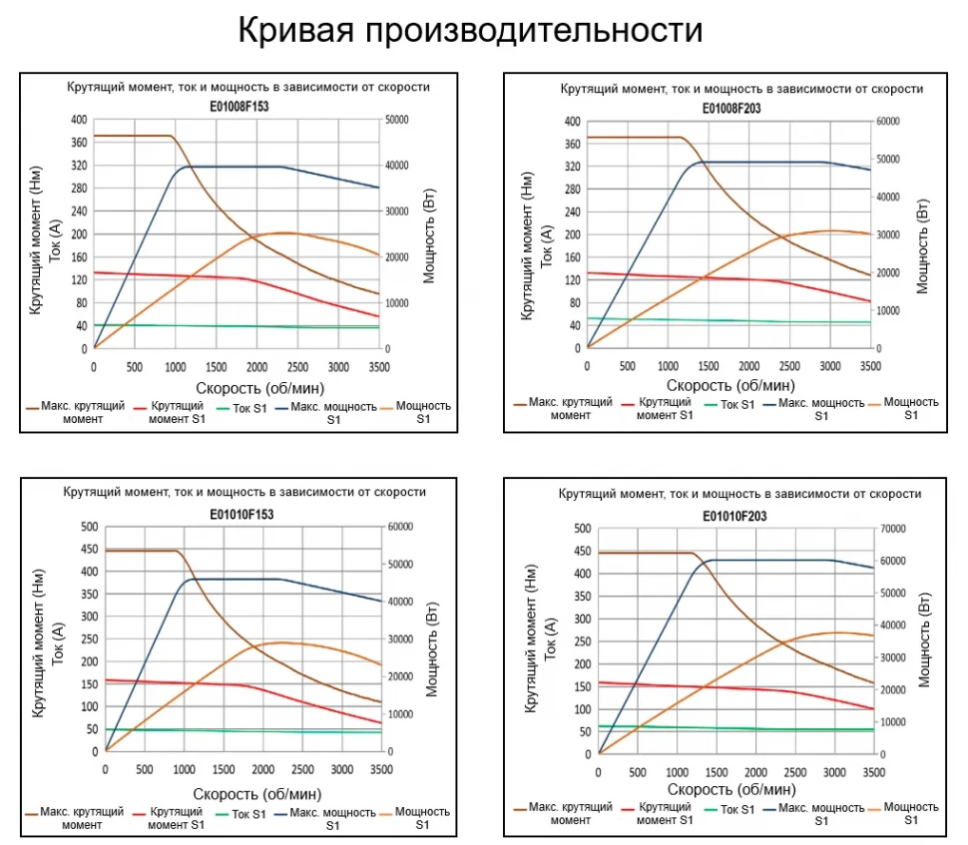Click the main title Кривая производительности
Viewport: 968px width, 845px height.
pos(469,30)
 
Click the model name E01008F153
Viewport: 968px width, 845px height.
pos(239,105)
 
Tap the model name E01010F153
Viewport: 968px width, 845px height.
pos(242,515)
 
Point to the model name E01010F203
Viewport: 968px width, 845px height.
pos(734,516)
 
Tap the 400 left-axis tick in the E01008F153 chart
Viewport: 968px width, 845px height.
pos(79,120)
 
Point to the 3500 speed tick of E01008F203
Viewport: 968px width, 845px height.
pos(870,366)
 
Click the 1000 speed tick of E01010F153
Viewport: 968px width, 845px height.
pos(184,769)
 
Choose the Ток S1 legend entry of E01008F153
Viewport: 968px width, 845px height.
pos(244,407)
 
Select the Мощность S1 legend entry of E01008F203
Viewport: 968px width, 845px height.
pos(911,408)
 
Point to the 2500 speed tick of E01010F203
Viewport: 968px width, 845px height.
pos(794,772)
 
